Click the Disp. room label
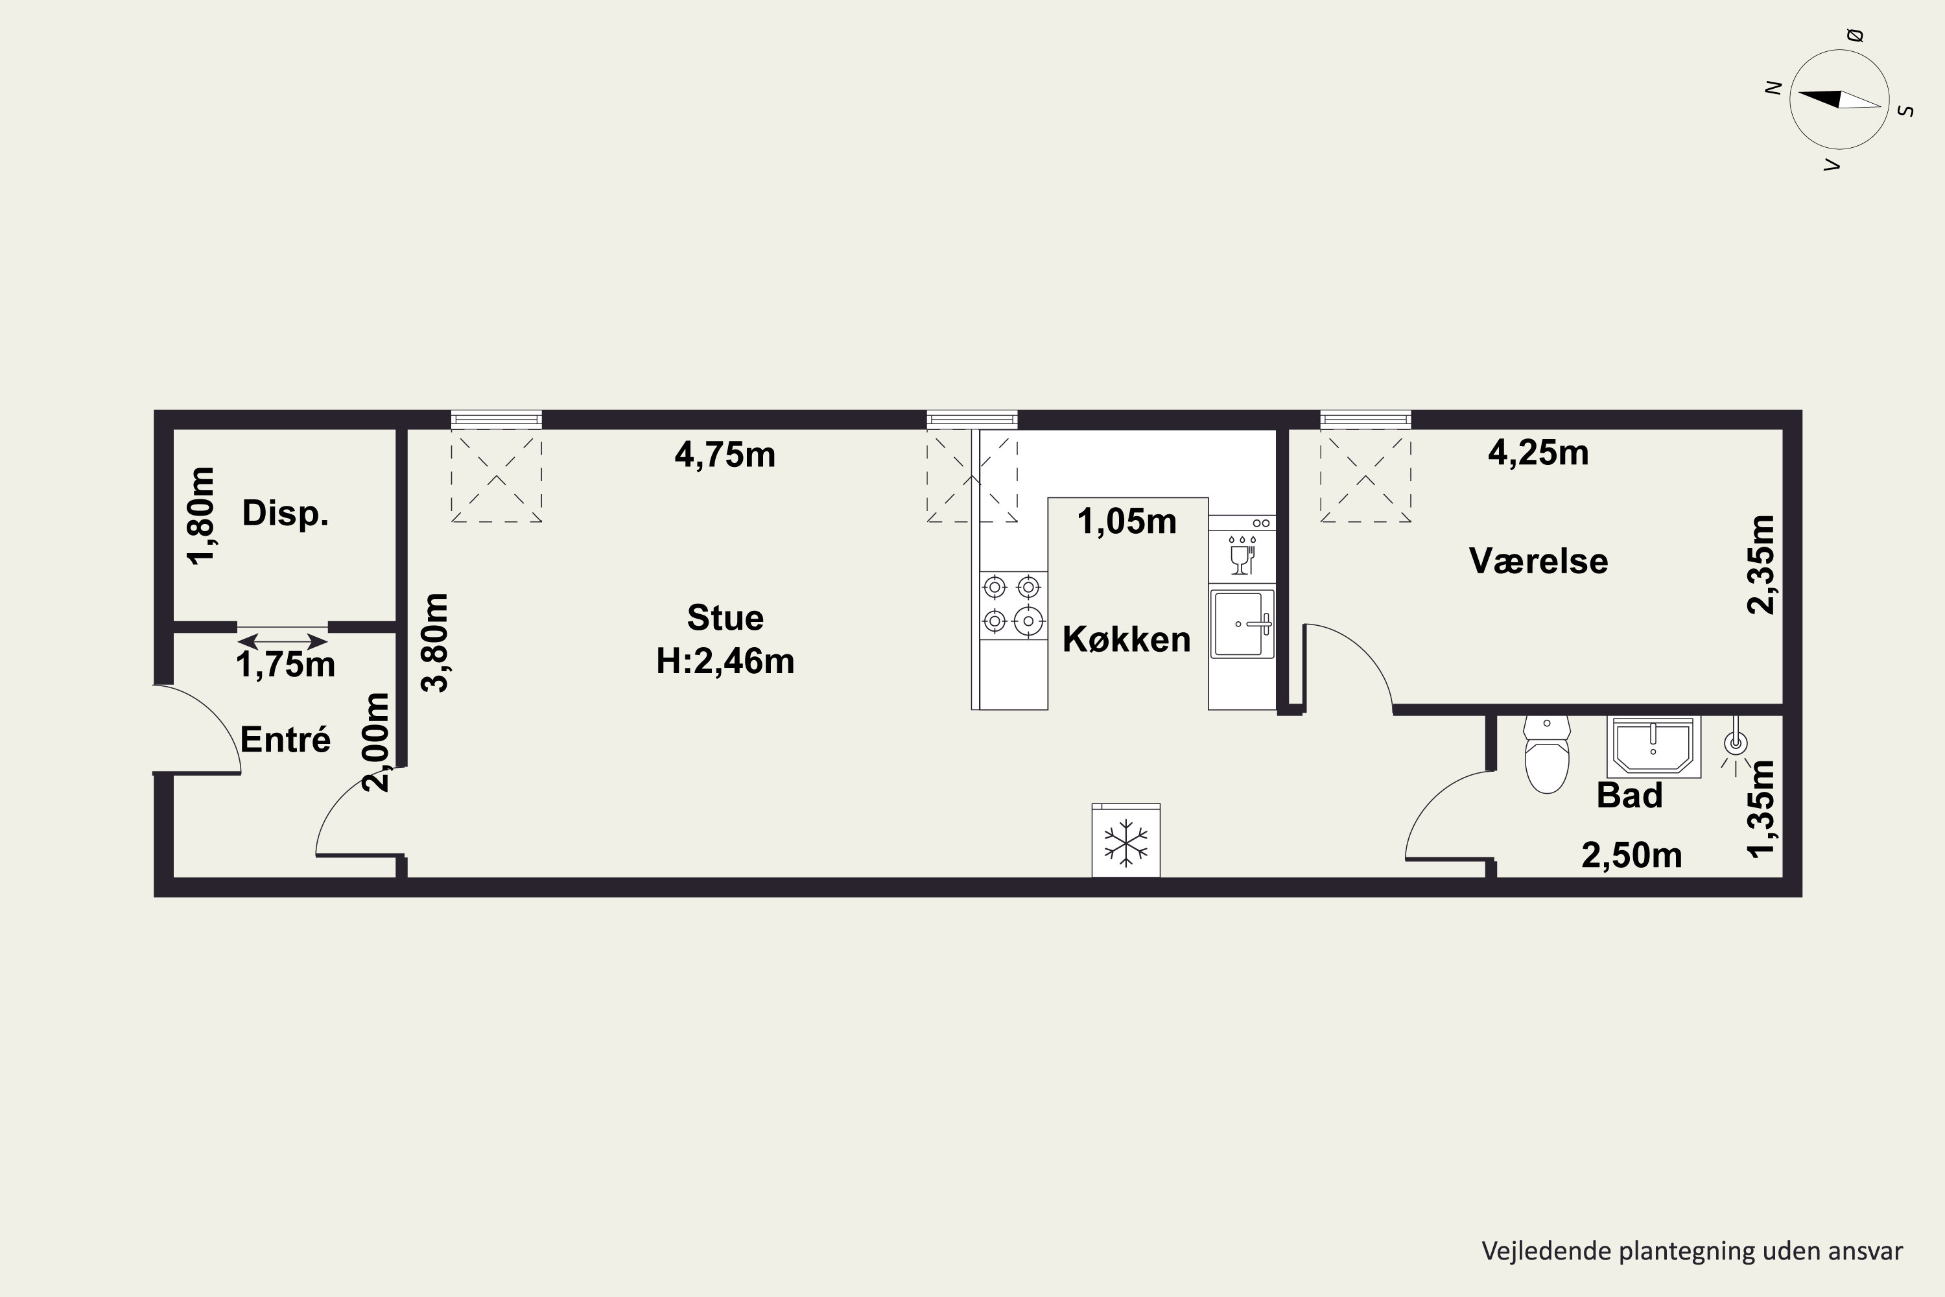[285, 514]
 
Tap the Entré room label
[285, 739]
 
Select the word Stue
[725, 618]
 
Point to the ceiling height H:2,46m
[725, 661]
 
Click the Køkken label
[1126, 639]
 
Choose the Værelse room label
[1538, 562]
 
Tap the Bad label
[1629, 795]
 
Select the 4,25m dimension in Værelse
[1538, 453]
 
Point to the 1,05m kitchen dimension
[1126, 522]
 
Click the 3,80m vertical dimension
[435, 642]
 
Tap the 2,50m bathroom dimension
[1632, 855]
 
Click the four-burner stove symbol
[1013, 604]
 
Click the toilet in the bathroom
[1546, 754]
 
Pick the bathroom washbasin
[1653, 747]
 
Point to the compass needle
[1839, 99]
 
